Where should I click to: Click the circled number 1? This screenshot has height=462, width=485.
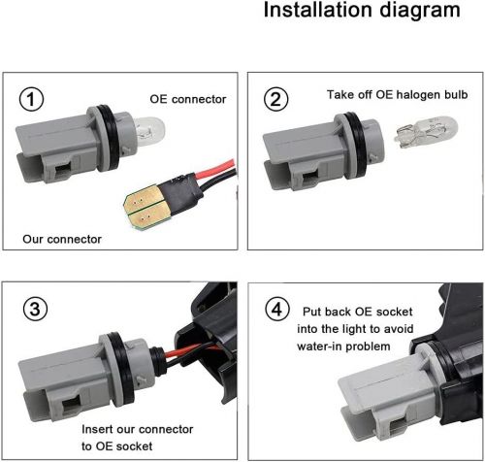click(31, 99)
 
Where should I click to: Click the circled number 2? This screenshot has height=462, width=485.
click(275, 99)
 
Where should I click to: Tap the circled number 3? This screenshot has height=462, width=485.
click(35, 309)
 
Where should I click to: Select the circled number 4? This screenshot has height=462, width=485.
click(277, 310)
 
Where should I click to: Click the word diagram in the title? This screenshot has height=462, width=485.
click(419, 11)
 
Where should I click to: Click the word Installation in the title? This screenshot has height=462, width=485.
click(318, 10)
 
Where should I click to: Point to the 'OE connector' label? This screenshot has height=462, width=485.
click(188, 99)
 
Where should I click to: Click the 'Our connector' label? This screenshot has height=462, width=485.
click(62, 239)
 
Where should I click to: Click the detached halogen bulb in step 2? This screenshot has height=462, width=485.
click(426, 132)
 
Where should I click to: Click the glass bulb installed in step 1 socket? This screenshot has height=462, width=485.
click(149, 130)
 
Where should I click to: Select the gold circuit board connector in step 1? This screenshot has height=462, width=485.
click(142, 206)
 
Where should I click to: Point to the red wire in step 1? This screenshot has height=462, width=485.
click(215, 169)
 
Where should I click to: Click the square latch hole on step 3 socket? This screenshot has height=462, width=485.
click(71, 406)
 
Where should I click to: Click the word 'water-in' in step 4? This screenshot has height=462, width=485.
click(318, 346)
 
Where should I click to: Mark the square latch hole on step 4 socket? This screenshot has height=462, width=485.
click(399, 428)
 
